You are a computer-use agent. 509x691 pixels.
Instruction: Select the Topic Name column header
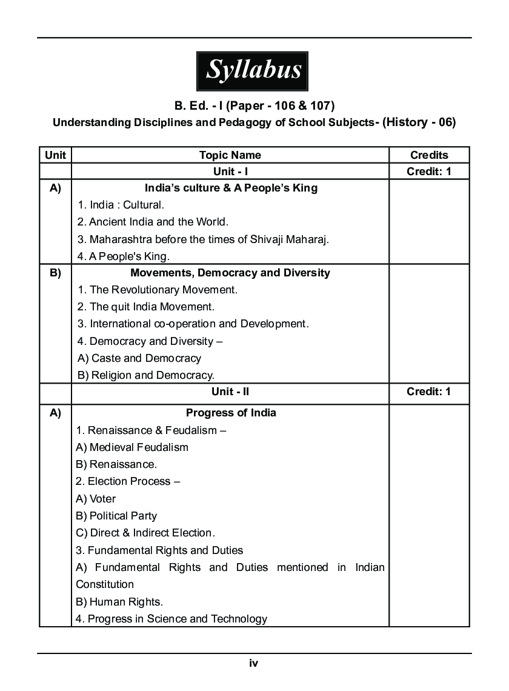[230, 155]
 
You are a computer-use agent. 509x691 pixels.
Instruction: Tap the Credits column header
[429, 155]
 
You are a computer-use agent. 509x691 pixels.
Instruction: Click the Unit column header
[55, 155]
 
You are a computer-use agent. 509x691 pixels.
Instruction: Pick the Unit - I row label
[230, 172]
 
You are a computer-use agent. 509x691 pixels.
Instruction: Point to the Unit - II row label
[230, 392]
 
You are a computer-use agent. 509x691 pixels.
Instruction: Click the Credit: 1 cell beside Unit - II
[429, 392]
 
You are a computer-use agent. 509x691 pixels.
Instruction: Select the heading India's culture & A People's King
[231, 188]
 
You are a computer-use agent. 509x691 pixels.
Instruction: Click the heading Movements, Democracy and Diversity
[230, 273]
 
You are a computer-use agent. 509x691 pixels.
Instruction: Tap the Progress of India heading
[231, 413]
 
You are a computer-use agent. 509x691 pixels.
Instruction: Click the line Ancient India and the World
[153, 222]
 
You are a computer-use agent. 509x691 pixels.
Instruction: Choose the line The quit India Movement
[145, 307]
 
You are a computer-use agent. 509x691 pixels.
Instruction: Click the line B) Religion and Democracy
[145, 375]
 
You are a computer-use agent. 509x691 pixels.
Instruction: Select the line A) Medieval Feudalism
[132, 447]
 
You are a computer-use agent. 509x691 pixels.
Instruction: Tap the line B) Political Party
[116, 516]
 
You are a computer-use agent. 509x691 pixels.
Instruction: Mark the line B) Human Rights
[119, 602]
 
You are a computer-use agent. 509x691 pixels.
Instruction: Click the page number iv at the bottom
[254, 663]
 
